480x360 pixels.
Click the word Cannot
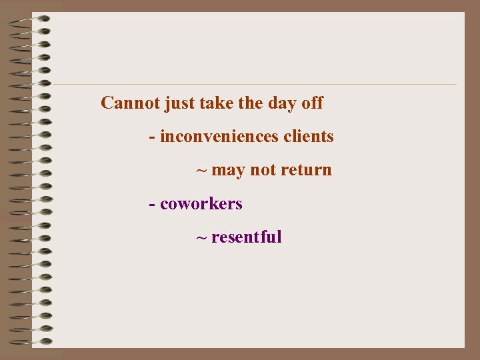[130, 103]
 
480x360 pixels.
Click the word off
[312, 103]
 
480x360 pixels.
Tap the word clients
[309, 137]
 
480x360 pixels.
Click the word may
[229, 171]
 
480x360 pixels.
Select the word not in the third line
[263, 170]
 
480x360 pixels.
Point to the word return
[306, 170]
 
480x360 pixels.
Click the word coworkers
[201, 203]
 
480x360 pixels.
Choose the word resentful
[247, 237]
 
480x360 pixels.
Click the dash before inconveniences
[153, 137]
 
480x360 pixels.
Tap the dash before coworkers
[153, 204]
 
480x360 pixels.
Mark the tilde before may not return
[201, 171]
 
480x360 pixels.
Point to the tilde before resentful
[201, 237]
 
